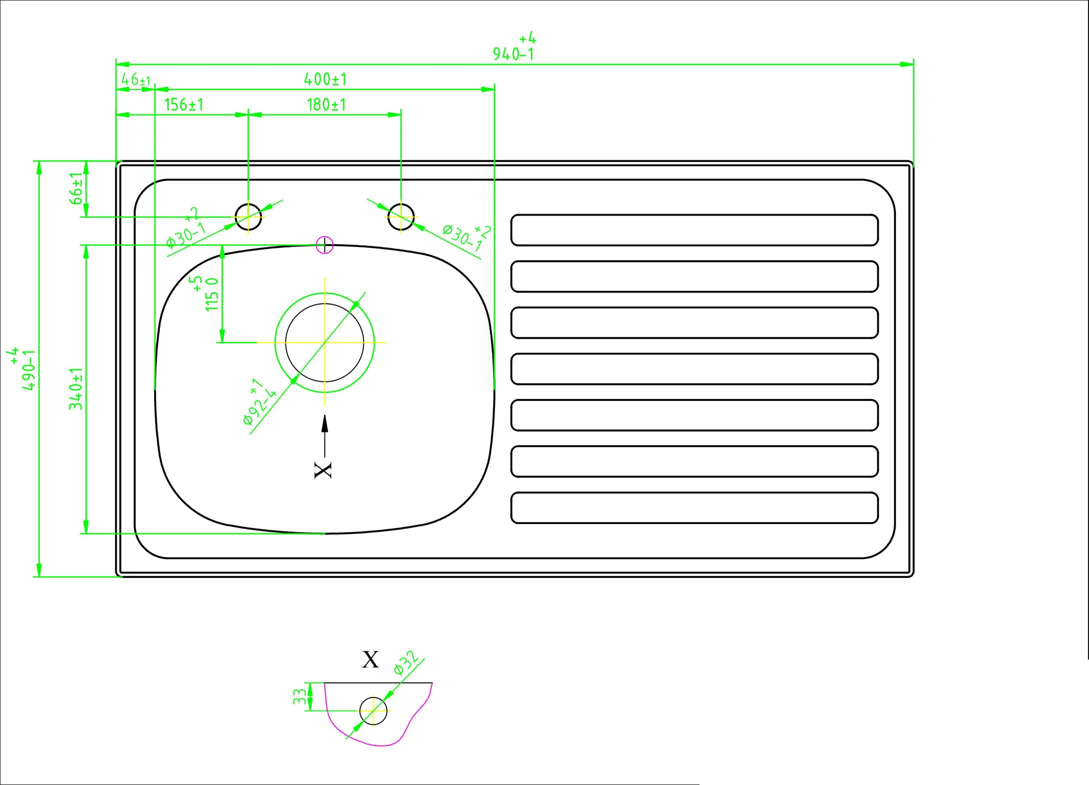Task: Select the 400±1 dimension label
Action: point(325,79)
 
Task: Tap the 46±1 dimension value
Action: point(136,79)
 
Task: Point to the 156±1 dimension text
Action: point(184,105)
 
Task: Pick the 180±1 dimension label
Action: point(326,105)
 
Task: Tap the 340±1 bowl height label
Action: point(76,388)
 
